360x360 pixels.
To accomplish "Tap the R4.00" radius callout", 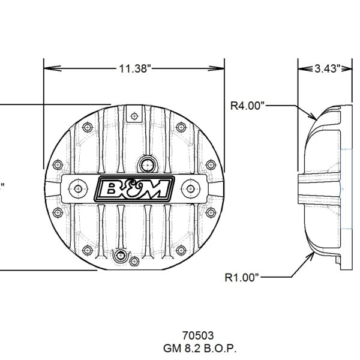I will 247,106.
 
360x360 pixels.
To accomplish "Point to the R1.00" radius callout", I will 242,277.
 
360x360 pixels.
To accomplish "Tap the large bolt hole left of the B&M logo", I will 78,188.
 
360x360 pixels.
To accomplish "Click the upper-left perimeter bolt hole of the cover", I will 88,128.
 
